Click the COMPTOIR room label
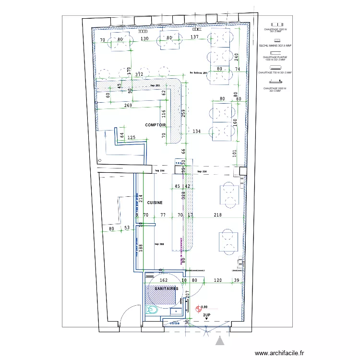coord(155,125)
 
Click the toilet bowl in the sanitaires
coord(153,310)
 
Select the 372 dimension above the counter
coord(139,75)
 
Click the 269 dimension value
coord(128,106)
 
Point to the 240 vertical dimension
coord(236,56)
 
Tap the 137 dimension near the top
coord(194,37)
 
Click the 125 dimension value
coord(131,138)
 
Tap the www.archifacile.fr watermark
coord(280,353)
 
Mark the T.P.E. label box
coord(180,163)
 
